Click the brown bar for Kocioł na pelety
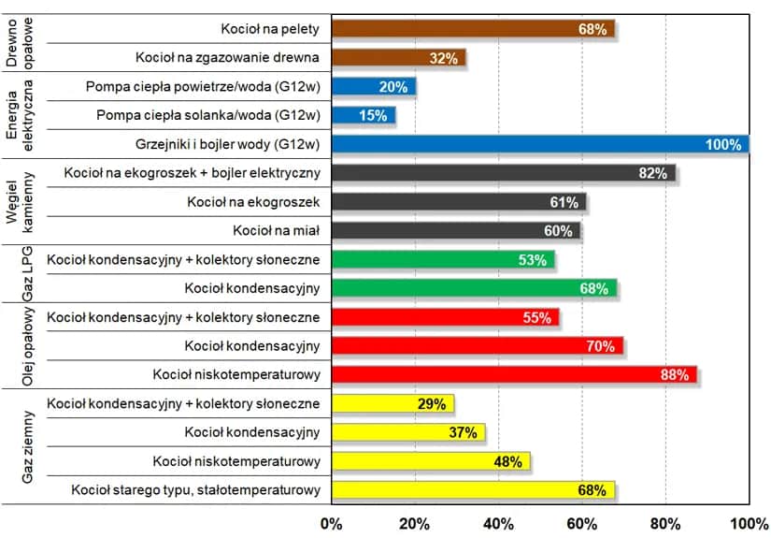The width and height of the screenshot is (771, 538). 472,29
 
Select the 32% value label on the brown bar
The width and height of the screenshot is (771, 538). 443,58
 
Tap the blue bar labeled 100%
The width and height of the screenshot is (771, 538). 539,144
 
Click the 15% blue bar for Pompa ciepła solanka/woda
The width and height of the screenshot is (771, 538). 363,116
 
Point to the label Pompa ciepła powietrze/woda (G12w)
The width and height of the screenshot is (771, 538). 203,87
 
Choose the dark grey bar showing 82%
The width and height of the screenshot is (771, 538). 503,173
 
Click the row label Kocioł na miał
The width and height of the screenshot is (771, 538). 277,230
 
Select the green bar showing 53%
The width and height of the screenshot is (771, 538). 442,259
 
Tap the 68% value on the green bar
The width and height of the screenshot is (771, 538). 593,288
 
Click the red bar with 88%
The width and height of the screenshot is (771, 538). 514,374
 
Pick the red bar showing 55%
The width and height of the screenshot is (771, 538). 445,317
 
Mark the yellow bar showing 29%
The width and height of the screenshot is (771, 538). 392,403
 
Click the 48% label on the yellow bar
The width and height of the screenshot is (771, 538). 508,461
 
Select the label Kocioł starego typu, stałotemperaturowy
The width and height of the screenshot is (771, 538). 196,489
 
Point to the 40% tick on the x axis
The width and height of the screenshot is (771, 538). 498,522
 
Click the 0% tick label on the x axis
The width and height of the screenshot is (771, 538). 332,522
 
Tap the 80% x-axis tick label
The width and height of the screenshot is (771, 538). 665,522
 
